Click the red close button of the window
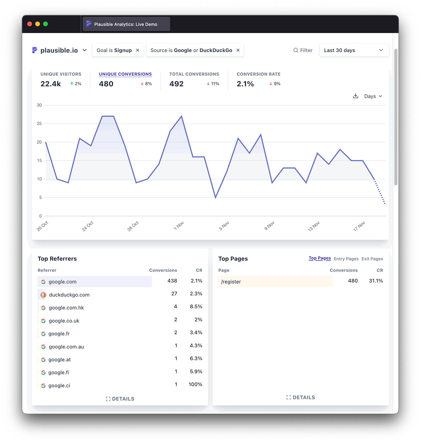point(30,24)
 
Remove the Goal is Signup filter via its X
point(138,50)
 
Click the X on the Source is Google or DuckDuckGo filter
point(238,50)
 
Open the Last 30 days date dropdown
point(354,50)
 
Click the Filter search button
point(303,50)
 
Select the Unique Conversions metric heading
point(125,74)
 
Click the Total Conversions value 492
point(176,84)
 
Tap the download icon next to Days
point(355,96)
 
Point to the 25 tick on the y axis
point(39,123)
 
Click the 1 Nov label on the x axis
point(179,226)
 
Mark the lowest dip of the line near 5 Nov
point(215,197)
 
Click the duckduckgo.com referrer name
point(69,295)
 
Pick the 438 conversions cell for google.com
point(172,281)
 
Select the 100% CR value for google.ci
point(195,385)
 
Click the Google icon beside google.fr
point(43,334)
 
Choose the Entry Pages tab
point(346,259)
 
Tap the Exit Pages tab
point(372,259)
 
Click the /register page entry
point(231,282)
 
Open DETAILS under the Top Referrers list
point(120,399)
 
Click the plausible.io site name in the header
point(59,50)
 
